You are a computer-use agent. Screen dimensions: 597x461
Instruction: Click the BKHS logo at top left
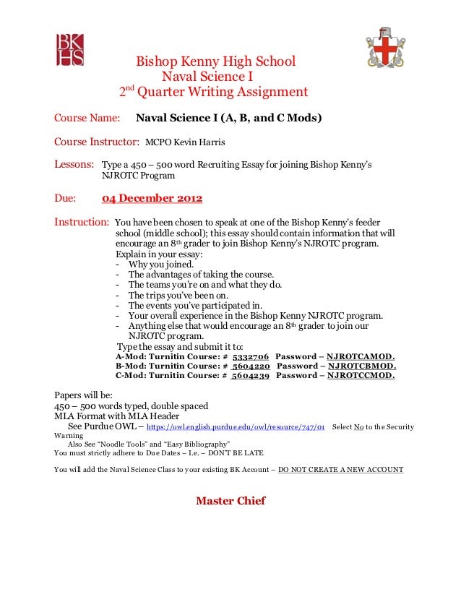pyautogui.click(x=70, y=48)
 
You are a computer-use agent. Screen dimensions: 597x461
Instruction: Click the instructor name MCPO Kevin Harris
pyautogui.click(x=186, y=142)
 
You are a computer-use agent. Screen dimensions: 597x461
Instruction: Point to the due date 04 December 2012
pyautogui.click(x=152, y=199)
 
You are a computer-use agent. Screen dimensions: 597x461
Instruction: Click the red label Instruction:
pyautogui.click(x=82, y=222)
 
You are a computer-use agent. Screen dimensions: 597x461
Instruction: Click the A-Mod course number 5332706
pyautogui.click(x=251, y=356)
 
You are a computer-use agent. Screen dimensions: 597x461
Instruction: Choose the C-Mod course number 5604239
pyautogui.click(x=251, y=376)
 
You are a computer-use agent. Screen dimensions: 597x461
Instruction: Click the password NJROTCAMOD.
pyautogui.click(x=361, y=356)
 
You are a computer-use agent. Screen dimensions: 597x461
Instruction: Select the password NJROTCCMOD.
pyautogui.click(x=361, y=376)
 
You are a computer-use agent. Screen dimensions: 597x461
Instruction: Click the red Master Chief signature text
pyautogui.click(x=231, y=501)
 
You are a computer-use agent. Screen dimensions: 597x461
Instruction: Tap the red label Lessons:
pyautogui.click(x=74, y=165)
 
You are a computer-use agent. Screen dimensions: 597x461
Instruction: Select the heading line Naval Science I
pyautogui.click(x=207, y=77)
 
